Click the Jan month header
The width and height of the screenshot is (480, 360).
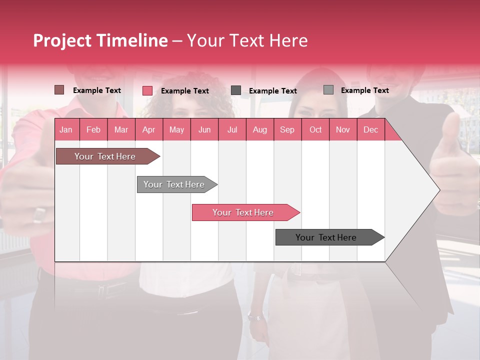(x=66, y=129)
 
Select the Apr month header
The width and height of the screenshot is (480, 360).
(x=148, y=129)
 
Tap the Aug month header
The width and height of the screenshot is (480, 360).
(x=259, y=129)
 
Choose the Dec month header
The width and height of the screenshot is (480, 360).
(x=370, y=129)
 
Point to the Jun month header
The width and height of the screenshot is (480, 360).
(x=204, y=129)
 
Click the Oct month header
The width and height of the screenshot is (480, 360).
(x=315, y=129)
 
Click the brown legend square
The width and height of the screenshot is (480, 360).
(x=59, y=90)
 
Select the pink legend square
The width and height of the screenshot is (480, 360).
(x=147, y=90)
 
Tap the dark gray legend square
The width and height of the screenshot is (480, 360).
(x=235, y=90)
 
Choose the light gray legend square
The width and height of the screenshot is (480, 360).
(x=328, y=90)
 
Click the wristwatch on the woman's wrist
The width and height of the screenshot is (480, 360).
(x=254, y=316)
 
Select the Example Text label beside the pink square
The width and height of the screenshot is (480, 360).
(x=184, y=90)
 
